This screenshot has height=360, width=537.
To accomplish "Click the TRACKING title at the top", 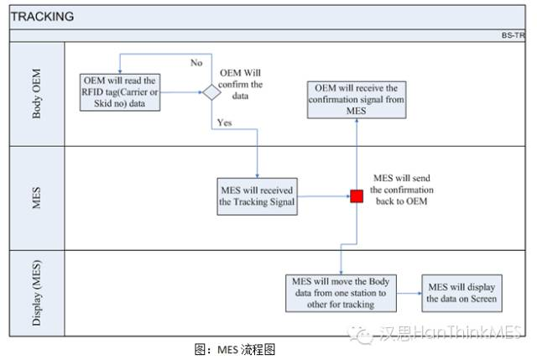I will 43,16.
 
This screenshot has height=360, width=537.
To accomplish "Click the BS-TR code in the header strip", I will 513,36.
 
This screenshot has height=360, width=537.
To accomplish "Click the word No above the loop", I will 196,63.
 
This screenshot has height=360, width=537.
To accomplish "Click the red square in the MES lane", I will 357,196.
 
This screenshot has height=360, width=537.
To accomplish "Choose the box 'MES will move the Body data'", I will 341,292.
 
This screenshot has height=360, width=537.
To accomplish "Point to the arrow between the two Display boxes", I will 409,293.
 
